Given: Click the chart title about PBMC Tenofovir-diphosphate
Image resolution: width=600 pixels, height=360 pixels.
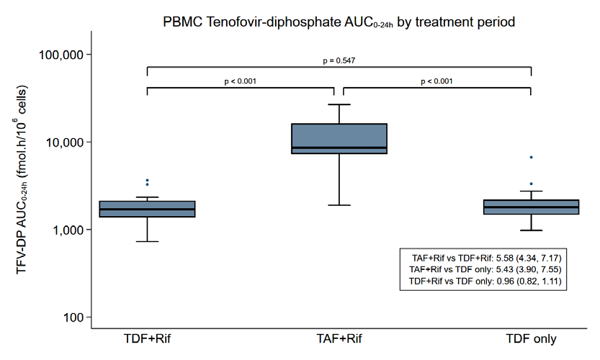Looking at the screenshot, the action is coord(339,22).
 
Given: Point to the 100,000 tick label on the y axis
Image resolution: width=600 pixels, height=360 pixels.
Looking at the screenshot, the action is coord(61,55).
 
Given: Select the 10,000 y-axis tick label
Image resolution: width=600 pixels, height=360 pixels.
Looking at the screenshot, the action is coord(64,143).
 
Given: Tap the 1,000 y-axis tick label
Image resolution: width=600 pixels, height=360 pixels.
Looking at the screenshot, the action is coord(68,230).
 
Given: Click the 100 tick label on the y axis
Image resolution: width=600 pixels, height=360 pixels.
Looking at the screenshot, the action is coord(73,318).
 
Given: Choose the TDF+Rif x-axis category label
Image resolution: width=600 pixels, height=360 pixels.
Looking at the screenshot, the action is coord(148,338).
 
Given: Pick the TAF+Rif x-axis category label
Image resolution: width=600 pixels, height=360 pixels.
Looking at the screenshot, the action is coord(339,338).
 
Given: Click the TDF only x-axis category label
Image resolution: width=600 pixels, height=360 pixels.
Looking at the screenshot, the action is coord(531,339).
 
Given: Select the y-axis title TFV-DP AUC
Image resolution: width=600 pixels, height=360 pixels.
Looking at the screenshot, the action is coord(22,179).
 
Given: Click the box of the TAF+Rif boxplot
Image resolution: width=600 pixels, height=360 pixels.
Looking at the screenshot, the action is coord(339,138).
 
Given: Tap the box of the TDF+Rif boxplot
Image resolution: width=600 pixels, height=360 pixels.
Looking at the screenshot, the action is coord(148,209).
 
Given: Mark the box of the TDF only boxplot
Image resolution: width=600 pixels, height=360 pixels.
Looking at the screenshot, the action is coord(531,207).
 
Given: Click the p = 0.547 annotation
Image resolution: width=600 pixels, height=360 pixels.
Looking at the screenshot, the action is coord(339,60).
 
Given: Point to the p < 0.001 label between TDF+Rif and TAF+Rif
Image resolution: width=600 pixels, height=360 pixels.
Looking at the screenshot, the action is coord(241,81).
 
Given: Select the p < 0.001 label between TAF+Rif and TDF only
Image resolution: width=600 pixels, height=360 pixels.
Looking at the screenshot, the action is coord(436,81).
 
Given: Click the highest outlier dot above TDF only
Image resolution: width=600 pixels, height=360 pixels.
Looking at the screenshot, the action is coord(531,157).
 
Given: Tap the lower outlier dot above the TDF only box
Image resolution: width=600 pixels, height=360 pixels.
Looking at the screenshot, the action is coord(531,184).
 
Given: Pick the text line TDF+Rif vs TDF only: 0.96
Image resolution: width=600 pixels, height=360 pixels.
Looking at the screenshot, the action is coord(485,282).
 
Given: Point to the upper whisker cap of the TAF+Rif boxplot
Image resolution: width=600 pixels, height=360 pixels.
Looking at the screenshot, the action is coord(339,104).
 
